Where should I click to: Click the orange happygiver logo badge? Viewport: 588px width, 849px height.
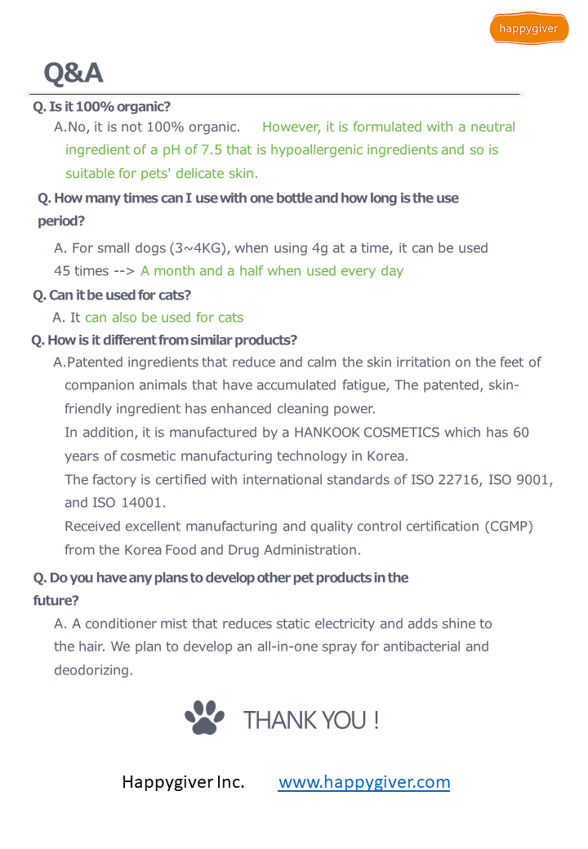(x=529, y=29)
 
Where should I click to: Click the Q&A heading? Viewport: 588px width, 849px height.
(x=73, y=73)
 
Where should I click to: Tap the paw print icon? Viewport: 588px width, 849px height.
(x=204, y=718)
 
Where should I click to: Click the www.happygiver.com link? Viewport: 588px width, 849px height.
(x=364, y=782)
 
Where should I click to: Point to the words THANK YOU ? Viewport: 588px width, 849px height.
(x=311, y=720)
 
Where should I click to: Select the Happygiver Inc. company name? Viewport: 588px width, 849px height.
(x=183, y=782)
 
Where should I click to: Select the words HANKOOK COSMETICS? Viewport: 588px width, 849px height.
(x=367, y=432)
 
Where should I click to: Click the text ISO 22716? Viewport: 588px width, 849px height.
(x=444, y=479)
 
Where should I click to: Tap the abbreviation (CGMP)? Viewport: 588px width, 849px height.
(x=507, y=527)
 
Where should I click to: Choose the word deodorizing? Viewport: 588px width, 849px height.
(x=93, y=670)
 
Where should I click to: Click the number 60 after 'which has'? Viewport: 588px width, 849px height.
(x=520, y=432)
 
